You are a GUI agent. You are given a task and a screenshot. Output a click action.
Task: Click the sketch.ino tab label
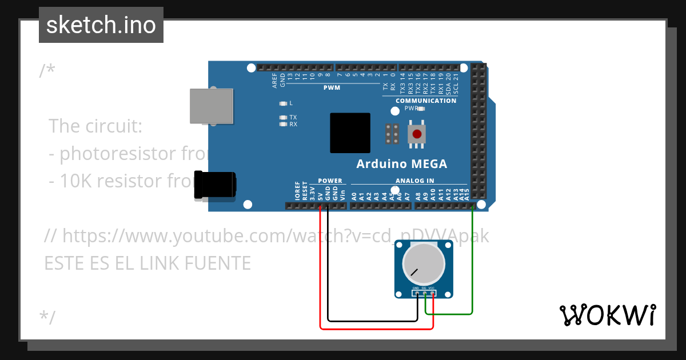[x=101, y=25]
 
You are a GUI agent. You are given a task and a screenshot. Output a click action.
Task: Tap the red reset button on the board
[x=417, y=134]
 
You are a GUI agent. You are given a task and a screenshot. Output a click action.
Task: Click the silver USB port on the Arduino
[x=212, y=106]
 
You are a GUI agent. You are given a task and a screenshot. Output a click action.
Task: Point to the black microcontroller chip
[x=350, y=133]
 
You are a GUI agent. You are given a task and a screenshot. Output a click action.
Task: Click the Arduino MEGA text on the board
[x=401, y=164]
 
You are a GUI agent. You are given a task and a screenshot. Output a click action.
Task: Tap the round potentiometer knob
[x=423, y=263]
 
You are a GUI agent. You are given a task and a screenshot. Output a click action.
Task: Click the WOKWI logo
[x=607, y=315]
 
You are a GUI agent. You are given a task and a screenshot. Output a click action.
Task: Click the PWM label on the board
[x=332, y=88]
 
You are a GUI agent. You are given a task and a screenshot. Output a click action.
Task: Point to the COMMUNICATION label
[x=426, y=101]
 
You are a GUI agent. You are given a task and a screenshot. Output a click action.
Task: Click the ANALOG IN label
[x=414, y=181]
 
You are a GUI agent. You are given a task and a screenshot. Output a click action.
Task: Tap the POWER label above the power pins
[x=330, y=181]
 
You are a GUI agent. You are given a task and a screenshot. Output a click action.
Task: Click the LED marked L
[x=282, y=103]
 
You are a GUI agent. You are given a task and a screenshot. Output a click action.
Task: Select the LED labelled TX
[x=282, y=117]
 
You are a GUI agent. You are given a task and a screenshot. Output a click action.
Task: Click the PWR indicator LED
[x=422, y=108]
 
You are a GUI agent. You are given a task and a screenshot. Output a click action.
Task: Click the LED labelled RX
[x=282, y=124]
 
